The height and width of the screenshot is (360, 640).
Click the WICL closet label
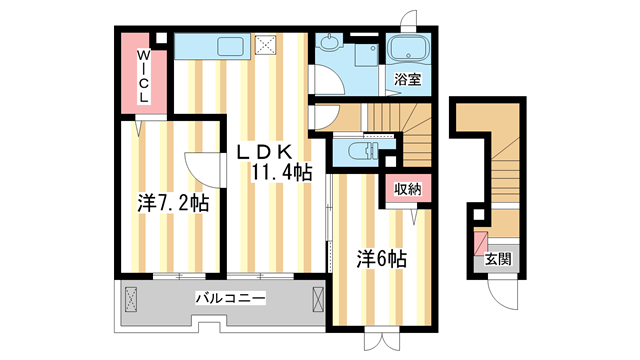click(143, 75)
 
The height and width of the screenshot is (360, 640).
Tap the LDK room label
click(263, 152)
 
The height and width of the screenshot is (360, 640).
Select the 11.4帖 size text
click(281, 172)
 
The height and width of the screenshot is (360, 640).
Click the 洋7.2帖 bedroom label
click(173, 203)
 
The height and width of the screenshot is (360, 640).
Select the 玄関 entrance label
click(497, 259)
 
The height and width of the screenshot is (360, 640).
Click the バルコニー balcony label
click(230, 298)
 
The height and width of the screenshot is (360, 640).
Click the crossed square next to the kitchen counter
click(266, 44)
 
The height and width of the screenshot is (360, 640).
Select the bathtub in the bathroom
click(407, 49)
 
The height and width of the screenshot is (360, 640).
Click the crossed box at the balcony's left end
click(131, 298)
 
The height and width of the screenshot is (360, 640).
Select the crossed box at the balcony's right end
click(318, 298)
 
